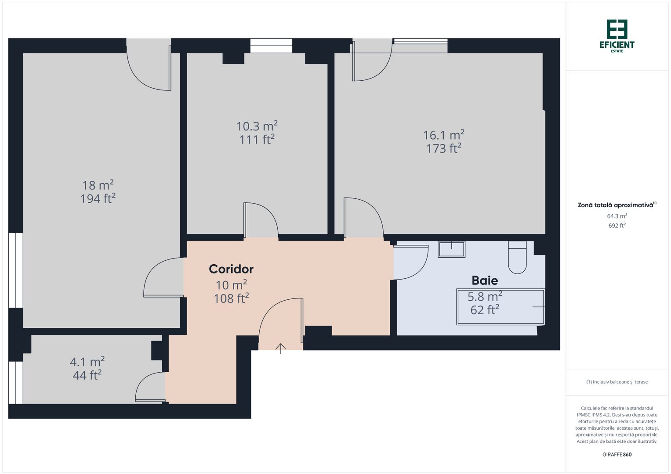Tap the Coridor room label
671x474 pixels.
click(231, 269)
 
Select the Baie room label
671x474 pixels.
click(485, 280)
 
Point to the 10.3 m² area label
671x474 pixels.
click(257, 126)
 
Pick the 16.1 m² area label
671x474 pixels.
click(443, 135)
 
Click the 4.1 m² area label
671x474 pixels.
click(87, 362)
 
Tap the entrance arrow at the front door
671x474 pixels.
click(281, 348)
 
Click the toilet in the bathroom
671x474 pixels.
click(517, 259)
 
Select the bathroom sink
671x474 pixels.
click(451, 249)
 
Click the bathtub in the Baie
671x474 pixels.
click(501, 307)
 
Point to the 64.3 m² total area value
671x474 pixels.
click(617, 216)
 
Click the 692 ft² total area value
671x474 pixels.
click(617, 226)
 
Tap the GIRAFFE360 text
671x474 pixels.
click(617, 455)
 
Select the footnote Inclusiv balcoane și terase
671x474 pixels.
click(617, 382)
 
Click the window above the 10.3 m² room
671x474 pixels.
click(271, 45)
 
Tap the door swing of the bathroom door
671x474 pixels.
click(413, 263)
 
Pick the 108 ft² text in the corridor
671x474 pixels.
click(231, 298)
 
